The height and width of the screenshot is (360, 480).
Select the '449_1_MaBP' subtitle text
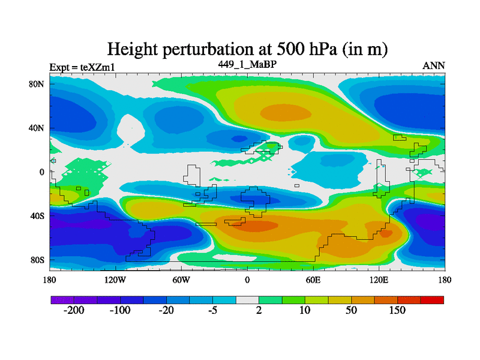point(247,64)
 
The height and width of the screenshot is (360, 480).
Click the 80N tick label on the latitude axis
point(38,84)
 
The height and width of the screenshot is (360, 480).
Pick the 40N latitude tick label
point(38,128)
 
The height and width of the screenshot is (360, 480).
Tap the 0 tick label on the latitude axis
point(42,172)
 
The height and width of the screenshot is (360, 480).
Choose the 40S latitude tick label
point(38,215)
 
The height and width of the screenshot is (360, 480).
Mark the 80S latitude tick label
point(38,260)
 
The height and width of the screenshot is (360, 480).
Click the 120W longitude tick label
point(115,280)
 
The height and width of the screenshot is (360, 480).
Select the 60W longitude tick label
point(181,280)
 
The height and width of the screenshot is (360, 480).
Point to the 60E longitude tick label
point(313,280)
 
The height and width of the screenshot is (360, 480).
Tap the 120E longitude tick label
point(379,280)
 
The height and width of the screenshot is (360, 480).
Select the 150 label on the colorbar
point(397,311)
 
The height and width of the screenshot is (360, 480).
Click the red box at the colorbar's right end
point(433,299)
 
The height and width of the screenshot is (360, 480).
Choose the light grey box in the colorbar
point(247,299)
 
